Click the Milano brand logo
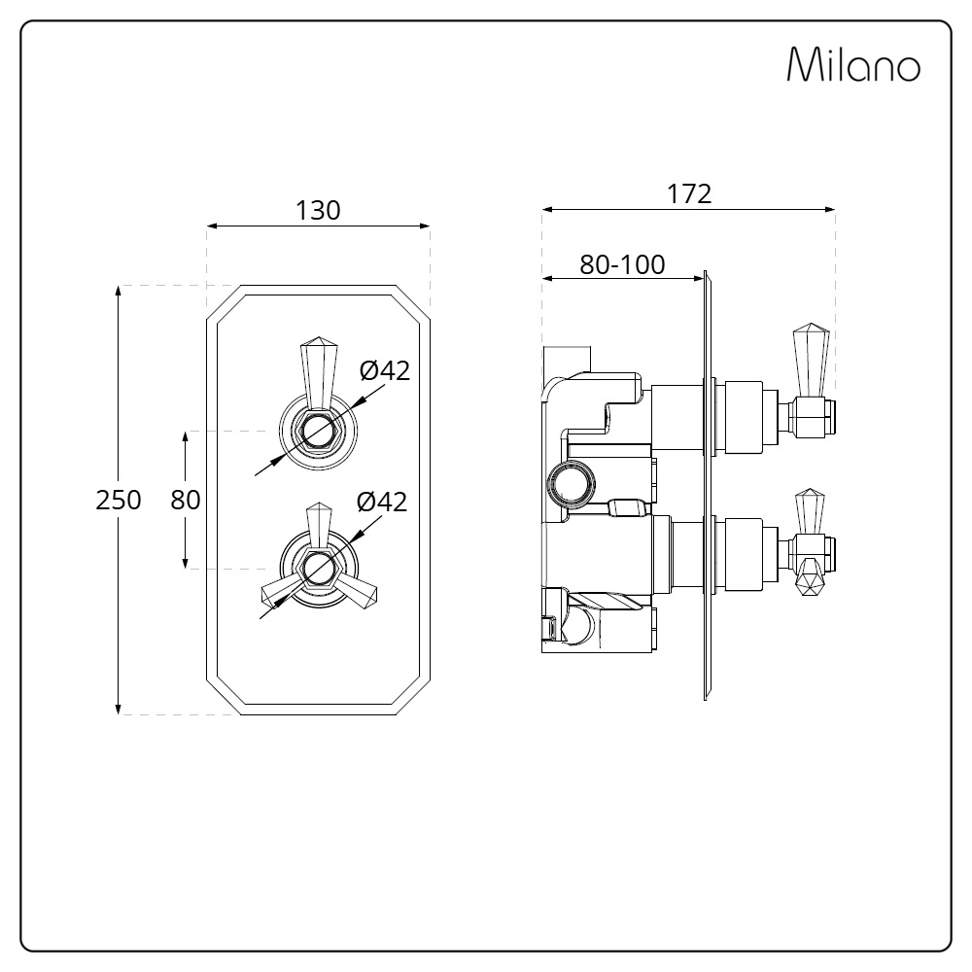pyautogui.click(x=853, y=64)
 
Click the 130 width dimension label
pyautogui.click(x=318, y=211)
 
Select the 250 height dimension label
pyautogui.click(x=119, y=500)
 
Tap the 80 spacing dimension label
pyautogui.click(x=186, y=500)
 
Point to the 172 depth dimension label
pyautogui.click(x=689, y=194)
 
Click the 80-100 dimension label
pyautogui.click(x=622, y=264)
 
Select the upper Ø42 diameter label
pyautogui.click(x=385, y=370)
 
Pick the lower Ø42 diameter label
pyautogui.click(x=382, y=502)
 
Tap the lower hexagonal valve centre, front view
pyautogui.click(x=318, y=568)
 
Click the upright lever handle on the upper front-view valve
pyautogui.click(x=318, y=373)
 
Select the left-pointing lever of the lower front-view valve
pyautogui.click(x=282, y=590)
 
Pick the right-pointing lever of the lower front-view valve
pyautogui.click(x=356, y=590)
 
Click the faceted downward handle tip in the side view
pyautogui.click(x=811, y=577)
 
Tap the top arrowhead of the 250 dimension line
pyautogui.click(x=119, y=292)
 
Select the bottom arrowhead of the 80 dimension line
pyautogui.click(x=186, y=562)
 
